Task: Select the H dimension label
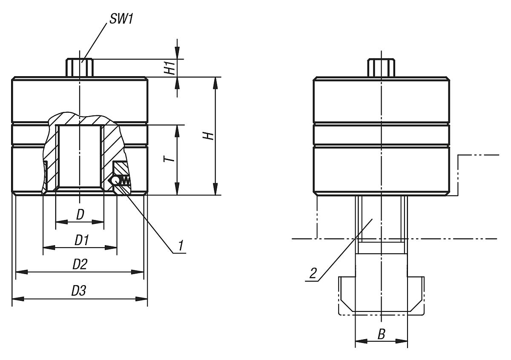[207, 136]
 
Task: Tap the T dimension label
[169, 160]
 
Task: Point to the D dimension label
[80, 215]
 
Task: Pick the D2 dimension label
[80, 265]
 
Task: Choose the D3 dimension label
[79, 291]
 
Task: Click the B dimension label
[382, 334]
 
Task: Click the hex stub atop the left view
[80, 68]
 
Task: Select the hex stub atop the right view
[382, 68]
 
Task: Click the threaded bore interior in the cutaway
[80, 157]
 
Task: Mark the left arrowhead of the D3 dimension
[17, 299]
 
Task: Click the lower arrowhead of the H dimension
[216, 189]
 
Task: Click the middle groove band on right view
[382, 134]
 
